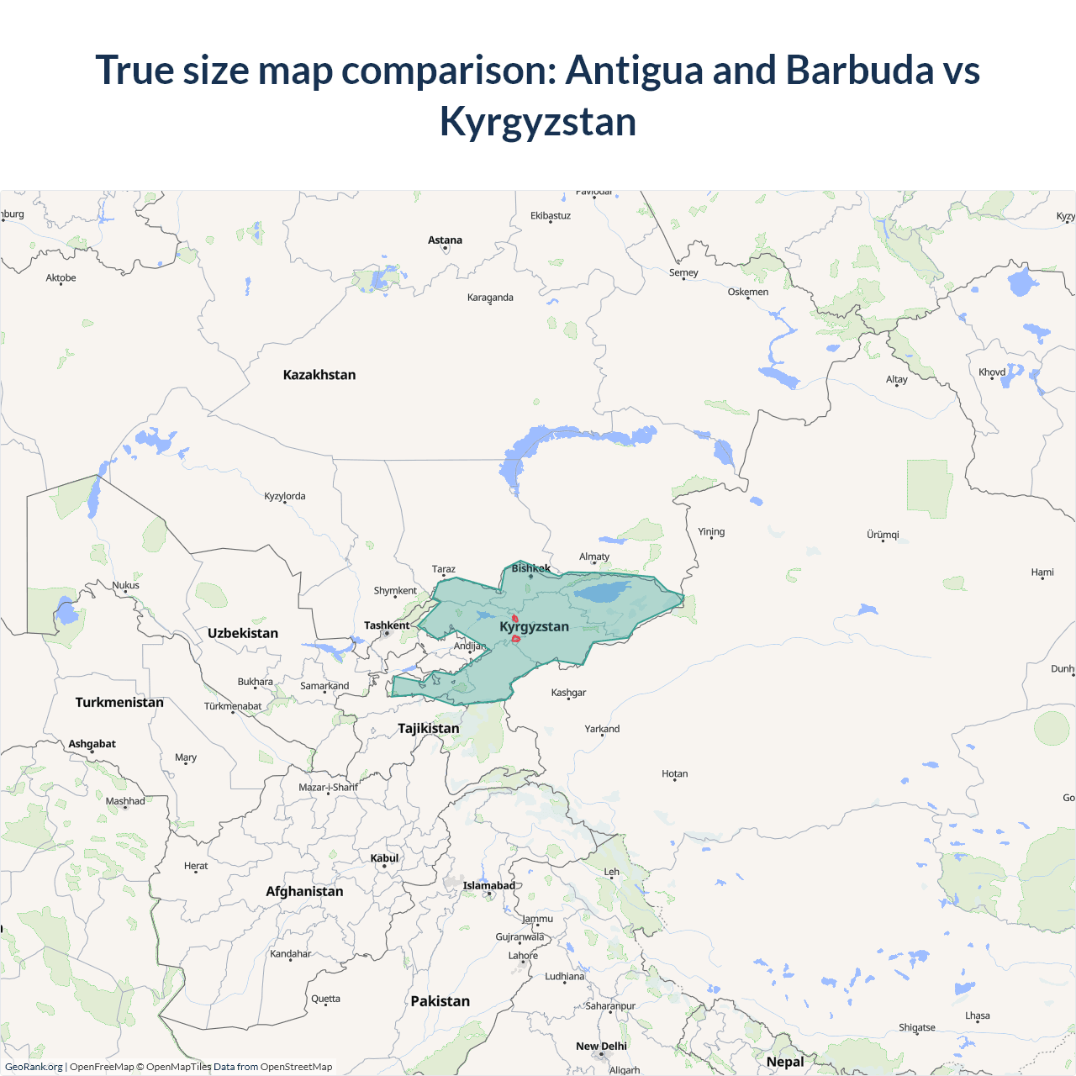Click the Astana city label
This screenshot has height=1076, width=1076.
tap(445, 240)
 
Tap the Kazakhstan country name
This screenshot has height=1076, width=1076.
tap(319, 375)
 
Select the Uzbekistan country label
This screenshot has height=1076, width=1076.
tap(243, 633)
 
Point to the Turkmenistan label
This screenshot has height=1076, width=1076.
tap(119, 702)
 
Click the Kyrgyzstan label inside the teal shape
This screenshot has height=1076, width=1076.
tap(534, 626)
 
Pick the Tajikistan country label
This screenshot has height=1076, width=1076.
tap(429, 728)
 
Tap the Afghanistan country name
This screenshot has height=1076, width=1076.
tap(304, 891)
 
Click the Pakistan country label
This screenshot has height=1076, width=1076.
tap(440, 1001)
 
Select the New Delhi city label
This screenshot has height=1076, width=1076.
tap(601, 1047)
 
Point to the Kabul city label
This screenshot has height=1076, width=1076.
tap(384, 858)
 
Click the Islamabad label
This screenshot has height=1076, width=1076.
tap(488, 885)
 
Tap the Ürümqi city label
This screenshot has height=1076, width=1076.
tap(883, 535)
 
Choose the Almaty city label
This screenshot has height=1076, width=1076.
tap(594, 556)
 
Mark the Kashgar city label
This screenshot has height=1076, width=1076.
tap(568, 693)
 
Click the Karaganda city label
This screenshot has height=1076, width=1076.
tap(490, 298)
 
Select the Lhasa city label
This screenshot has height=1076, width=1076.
tap(977, 1015)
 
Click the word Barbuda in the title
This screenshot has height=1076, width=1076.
tap(859, 70)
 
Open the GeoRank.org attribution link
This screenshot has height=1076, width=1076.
tap(34, 1067)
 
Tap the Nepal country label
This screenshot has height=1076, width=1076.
tap(785, 1062)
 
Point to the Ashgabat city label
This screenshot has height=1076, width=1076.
tap(92, 744)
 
